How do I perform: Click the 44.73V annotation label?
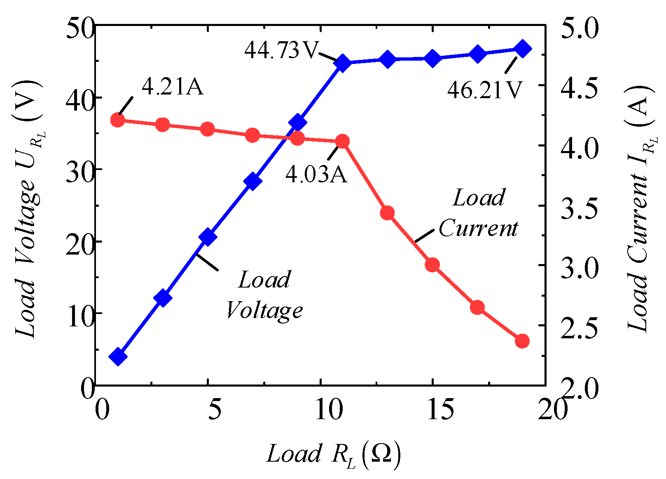pos(282,50)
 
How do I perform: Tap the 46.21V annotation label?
pos(485,90)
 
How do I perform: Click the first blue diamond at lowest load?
pos(118,356)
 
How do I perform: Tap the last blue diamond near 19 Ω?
pos(523,49)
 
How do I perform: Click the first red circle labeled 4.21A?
pos(118,120)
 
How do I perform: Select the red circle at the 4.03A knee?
pos(342,142)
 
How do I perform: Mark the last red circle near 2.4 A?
pos(522,341)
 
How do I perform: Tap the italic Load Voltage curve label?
pos(264,295)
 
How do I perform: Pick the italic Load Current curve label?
pos(478,213)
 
